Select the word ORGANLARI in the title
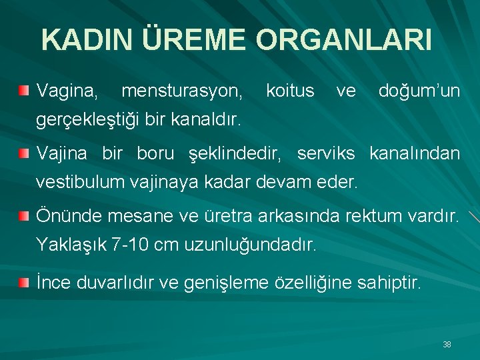pyautogui.click(x=343, y=40)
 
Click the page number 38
pyautogui.click(x=447, y=345)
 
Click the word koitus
pyautogui.click(x=290, y=90)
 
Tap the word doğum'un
pyautogui.click(x=419, y=90)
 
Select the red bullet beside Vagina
pyautogui.click(x=24, y=89)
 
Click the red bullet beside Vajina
pyautogui.click(x=24, y=154)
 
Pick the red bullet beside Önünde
pyautogui.click(x=24, y=215)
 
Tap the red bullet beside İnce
pyautogui.click(x=24, y=283)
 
